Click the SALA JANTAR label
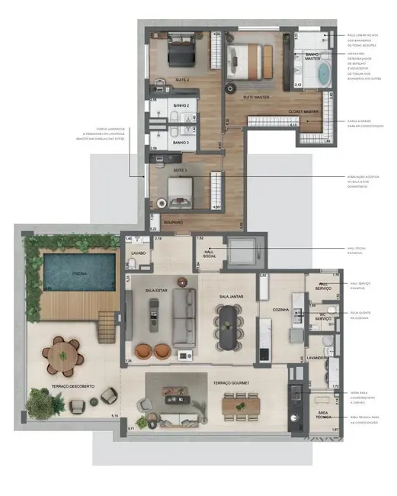[x=230, y=296]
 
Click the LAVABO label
[x=138, y=252]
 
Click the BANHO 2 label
[x=180, y=106]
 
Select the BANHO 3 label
[x=180, y=143]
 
